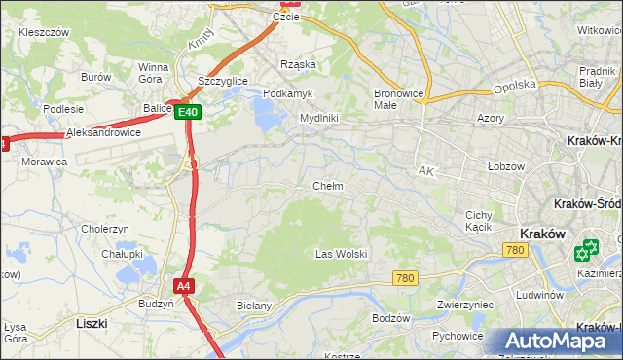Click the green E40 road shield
pos(190,113)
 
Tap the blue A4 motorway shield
pos(184,286)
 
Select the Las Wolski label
pos(341,254)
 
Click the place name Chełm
pos(327,185)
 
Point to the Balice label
pos(157,108)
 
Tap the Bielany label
pos(253,305)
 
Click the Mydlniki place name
pos(318,118)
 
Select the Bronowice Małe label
pos(397,100)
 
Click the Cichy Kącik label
pos(478,221)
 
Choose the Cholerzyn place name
pos(105,229)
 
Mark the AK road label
pos(424,170)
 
